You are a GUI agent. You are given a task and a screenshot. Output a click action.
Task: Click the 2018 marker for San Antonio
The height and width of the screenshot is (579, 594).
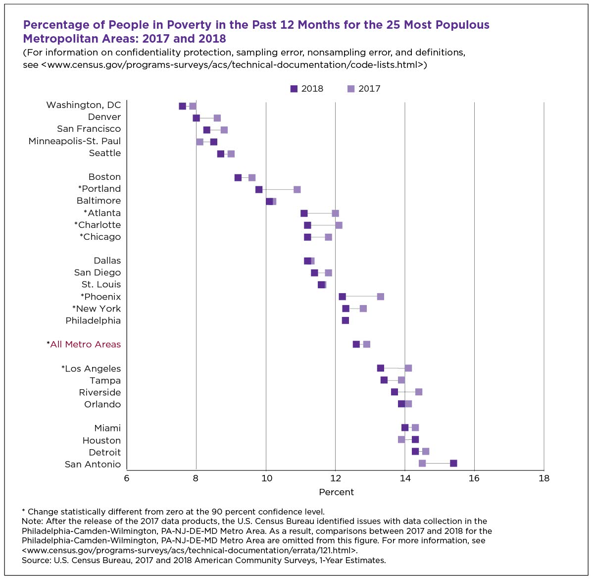(x=453, y=463)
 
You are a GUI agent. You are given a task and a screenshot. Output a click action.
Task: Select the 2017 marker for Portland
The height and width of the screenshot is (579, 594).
(x=297, y=190)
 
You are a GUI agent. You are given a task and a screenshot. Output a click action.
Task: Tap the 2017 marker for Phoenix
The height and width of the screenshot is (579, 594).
(x=380, y=297)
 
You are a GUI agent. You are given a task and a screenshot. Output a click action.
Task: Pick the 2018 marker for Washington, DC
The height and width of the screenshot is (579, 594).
(x=182, y=106)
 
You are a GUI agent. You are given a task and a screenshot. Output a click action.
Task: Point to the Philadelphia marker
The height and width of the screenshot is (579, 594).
(x=345, y=320)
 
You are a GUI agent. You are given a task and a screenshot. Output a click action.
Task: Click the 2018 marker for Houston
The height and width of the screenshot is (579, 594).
(x=415, y=439)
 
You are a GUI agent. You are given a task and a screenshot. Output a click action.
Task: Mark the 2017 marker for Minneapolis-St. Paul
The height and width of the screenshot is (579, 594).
(x=199, y=142)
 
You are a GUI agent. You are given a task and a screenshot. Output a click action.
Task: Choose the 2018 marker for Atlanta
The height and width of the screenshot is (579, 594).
(x=304, y=213)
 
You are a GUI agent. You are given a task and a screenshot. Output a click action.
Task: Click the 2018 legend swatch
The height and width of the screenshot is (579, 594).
(x=294, y=89)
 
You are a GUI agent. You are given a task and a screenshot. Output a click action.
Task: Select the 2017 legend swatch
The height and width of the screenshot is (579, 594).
(x=351, y=89)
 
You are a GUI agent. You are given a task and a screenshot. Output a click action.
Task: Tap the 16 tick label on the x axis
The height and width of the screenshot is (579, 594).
(x=474, y=478)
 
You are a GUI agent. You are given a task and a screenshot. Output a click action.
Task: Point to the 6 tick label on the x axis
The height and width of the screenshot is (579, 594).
(x=127, y=478)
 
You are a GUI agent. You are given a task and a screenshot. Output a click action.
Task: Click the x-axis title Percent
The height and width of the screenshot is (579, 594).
(x=336, y=492)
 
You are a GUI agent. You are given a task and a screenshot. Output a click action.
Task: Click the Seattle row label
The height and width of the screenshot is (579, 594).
(x=105, y=153)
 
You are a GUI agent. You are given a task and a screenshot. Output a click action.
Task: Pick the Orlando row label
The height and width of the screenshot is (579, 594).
(x=102, y=404)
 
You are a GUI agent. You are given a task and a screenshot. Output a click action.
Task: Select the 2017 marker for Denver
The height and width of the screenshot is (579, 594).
(x=217, y=118)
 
